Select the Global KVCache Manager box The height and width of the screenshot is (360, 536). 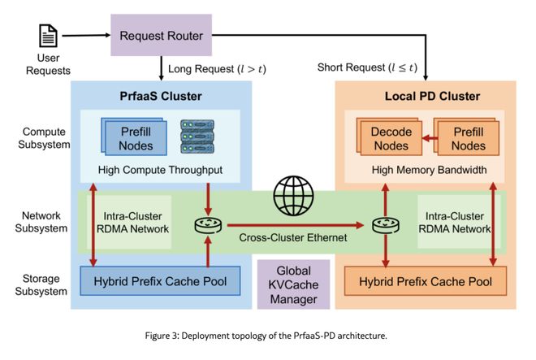[292, 284]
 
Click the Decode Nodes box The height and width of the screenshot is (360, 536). [391, 139]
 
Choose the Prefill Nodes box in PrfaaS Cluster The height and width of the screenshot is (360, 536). [136, 137]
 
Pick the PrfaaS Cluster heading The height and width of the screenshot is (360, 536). [159, 96]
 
